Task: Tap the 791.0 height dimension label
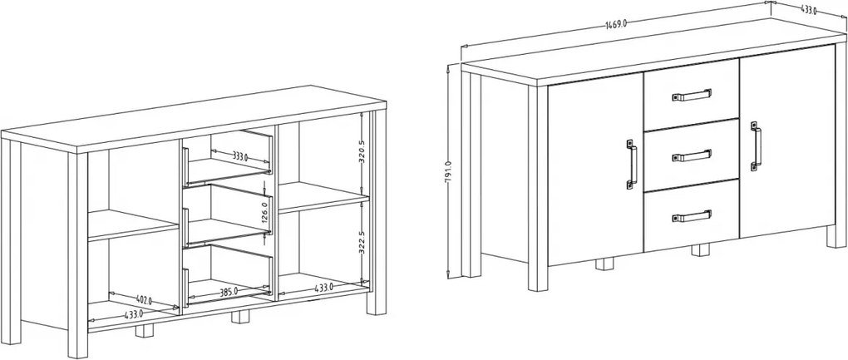(x=448, y=172)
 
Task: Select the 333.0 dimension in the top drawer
(x=240, y=157)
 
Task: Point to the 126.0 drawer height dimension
(x=264, y=213)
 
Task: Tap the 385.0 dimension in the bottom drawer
(x=229, y=292)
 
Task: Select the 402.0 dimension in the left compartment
(x=143, y=300)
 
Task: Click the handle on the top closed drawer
(x=692, y=95)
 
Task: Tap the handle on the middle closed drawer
(x=692, y=155)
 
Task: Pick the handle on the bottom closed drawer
(x=692, y=216)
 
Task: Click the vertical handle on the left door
(x=632, y=165)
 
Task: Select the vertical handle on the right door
(x=756, y=146)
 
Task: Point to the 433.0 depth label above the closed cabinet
(x=808, y=9)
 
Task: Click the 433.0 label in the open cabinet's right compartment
(x=323, y=288)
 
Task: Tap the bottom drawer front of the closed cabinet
(x=691, y=215)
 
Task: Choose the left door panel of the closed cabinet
(x=595, y=170)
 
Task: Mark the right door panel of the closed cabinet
(x=787, y=141)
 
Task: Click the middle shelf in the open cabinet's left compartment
(x=133, y=224)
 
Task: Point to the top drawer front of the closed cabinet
(x=691, y=95)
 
